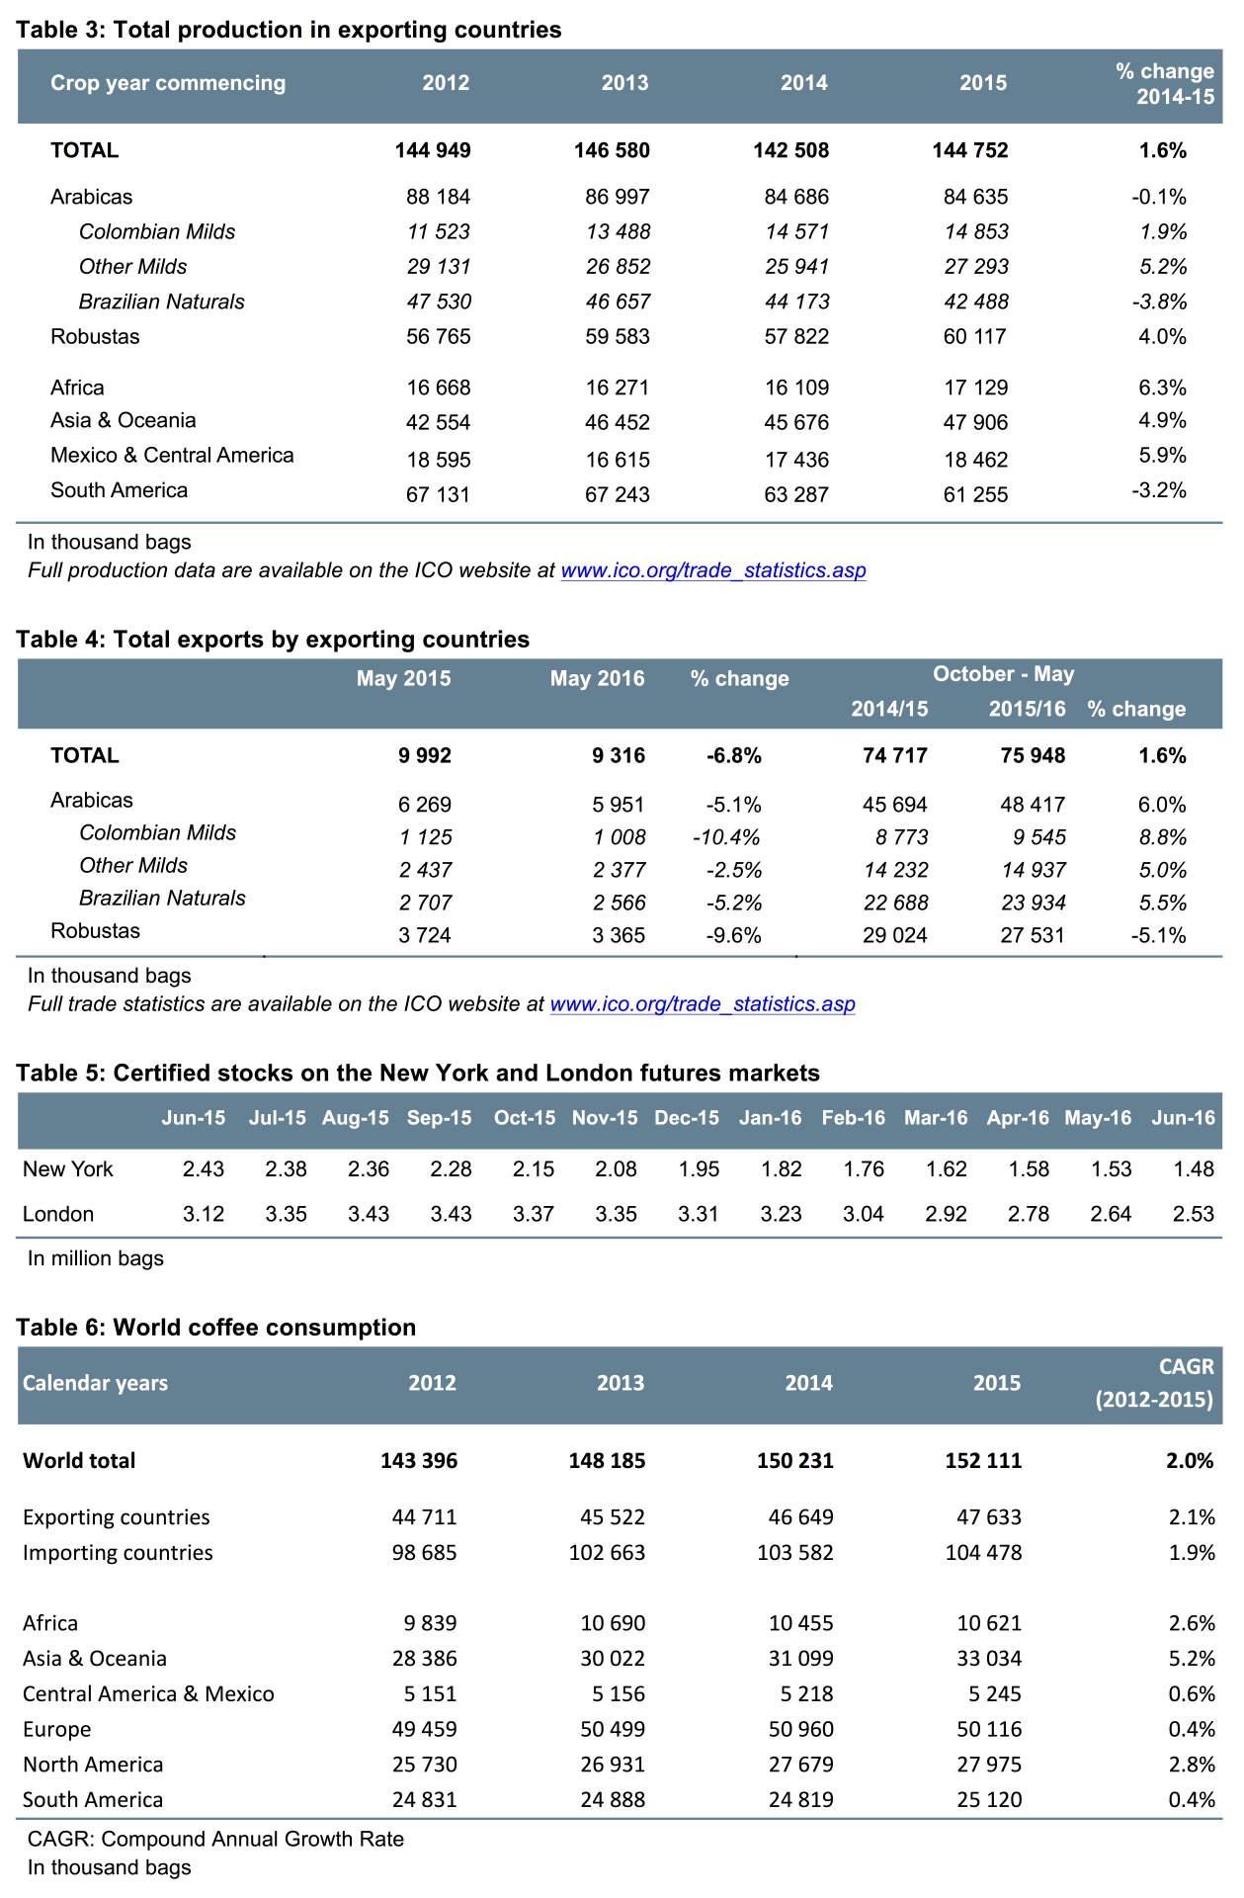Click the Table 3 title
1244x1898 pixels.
coord(289,30)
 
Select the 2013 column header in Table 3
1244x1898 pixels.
coord(624,83)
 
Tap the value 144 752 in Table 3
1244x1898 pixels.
coord(969,150)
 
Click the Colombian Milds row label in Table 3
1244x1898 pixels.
coord(157,232)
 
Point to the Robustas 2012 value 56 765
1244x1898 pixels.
coord(438,337)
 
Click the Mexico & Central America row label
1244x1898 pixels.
coord(172,456)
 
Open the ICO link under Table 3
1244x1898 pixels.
coord(712,570)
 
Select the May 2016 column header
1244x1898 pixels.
coord(597,679)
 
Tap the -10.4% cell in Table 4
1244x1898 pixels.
coord(726,838)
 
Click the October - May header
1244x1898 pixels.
coord(1003,674)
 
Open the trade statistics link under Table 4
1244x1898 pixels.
coord(702,1004)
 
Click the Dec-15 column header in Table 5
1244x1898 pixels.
coord(687,1119)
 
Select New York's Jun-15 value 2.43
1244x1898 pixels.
coord(204,1169)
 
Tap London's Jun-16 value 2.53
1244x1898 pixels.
coord(1193,1215)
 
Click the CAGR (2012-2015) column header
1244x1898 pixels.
coord(1155,1384)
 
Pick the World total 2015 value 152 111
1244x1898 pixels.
coord(982,1461)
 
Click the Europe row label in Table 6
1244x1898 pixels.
coord(57,1730)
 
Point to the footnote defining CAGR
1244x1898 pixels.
coord(215,1840)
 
